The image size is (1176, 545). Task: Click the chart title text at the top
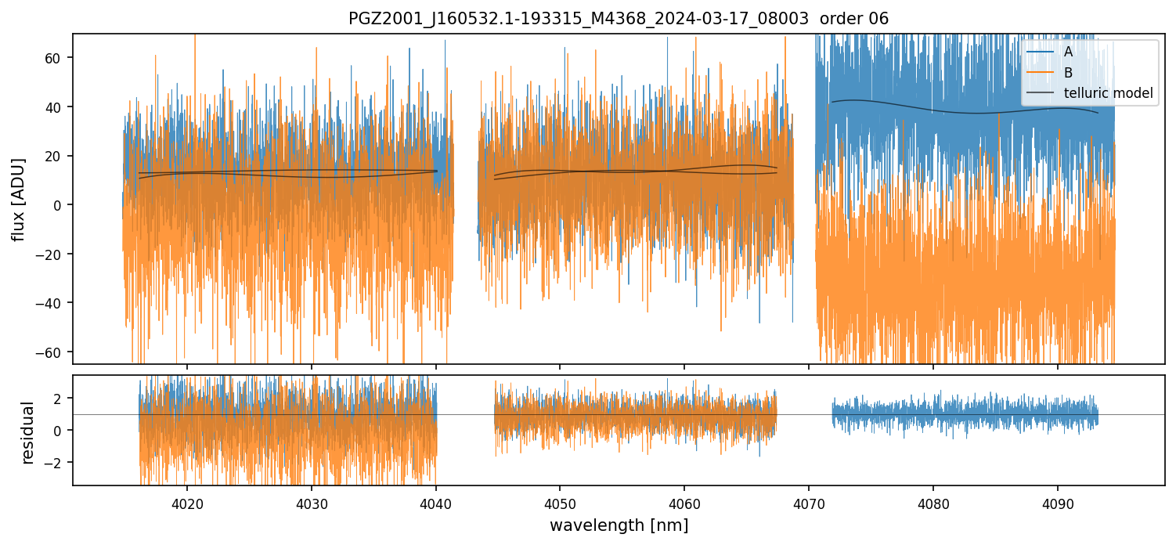(x=618, y=19)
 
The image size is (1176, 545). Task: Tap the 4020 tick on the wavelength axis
(x=187, y=503)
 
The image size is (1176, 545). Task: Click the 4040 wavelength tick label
(x=435, y=503)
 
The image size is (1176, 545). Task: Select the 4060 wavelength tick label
(x=684, y=503)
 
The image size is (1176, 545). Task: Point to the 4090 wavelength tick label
(x=1058, y=503)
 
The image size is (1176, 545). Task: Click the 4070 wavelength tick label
(x=809, y=503)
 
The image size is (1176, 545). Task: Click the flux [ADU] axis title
(x=18, y=199)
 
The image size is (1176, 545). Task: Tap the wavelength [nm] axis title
(x=619, y=525)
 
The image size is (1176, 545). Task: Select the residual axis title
(x=28, y=431)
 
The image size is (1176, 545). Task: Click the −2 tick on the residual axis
(x=57, y=463)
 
